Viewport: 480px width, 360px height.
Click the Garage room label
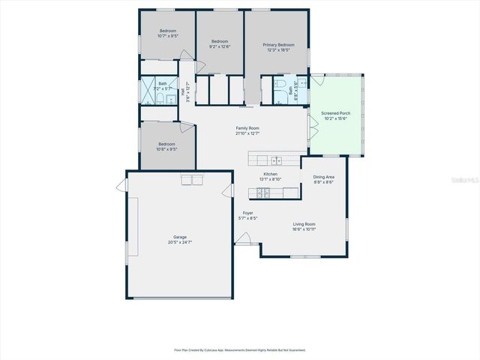click(180, 237)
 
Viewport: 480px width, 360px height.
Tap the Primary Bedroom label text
click(278, 45)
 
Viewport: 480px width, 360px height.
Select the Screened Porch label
click(335, 113)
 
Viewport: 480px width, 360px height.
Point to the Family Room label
click(247, 128)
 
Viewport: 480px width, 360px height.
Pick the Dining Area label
click(324, 177)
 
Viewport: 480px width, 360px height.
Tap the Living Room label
click(304, 224)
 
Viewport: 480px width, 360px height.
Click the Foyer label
click(247, 214)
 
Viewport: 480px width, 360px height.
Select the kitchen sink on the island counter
click(275, 160)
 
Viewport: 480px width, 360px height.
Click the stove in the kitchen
click(263, 193)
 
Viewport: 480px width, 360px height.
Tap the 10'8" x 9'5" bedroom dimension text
click(166, 149)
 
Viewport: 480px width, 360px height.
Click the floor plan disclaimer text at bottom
click(240, 349)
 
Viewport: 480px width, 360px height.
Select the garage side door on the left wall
click(121, 185)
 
